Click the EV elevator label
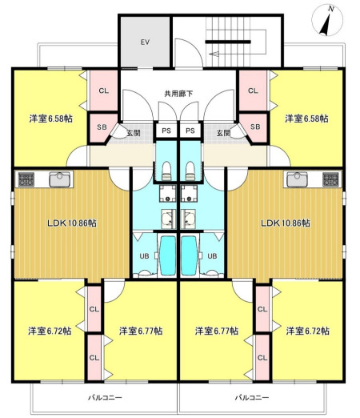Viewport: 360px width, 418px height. [145, 42]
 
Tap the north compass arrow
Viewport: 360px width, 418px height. [327, 20]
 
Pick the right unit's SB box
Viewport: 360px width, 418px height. [254, 127]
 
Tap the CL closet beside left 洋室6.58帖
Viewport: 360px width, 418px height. [103, 90]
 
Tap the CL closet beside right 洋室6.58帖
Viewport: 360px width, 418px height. [253, 90]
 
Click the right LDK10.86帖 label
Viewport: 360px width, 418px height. [285, 223]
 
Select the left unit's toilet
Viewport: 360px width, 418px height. [166, 169]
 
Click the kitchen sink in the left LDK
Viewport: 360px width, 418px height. [58, 180]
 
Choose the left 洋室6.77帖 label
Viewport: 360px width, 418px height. [140, 331]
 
